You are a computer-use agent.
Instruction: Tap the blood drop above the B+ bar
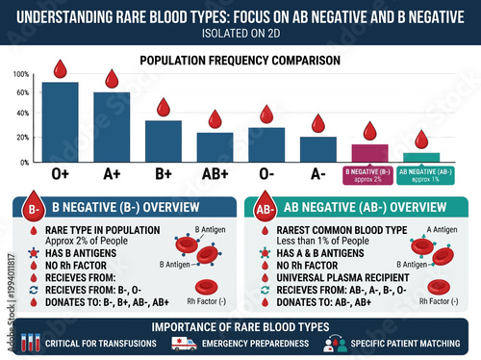[x=163, y=108]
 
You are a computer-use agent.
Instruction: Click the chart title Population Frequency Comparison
[x=240, y=60]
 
